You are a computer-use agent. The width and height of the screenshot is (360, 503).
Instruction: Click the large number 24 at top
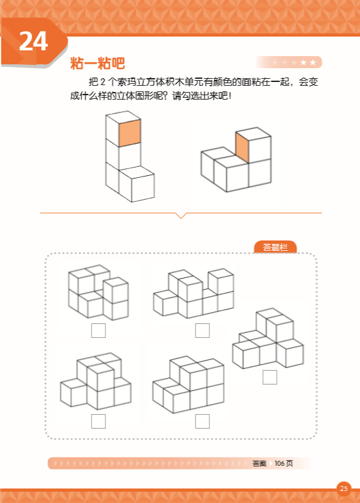click(33, 41)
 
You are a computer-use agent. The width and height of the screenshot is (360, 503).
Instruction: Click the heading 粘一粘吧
click(98, 63)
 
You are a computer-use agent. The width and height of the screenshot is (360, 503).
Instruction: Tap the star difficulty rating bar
click(289, 62)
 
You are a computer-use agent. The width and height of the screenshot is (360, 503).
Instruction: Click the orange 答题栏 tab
click(275, 247)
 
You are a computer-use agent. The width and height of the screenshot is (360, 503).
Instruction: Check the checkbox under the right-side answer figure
click(270, 377)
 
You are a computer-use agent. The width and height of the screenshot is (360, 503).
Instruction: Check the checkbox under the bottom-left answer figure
click(98, 421)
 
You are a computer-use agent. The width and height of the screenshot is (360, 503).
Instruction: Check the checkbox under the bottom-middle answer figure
click(202, 421)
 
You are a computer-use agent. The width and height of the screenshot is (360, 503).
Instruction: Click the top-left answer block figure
click(98, 292)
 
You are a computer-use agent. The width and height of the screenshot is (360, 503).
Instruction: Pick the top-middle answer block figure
click(194, 294)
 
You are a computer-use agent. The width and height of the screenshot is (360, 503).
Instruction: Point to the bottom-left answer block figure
click(96, 381)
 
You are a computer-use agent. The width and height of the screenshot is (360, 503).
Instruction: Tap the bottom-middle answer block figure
click(189, 384)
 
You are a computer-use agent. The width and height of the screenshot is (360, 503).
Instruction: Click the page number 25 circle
click(344, 489)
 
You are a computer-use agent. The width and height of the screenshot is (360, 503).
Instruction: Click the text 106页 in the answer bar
click(284, 463)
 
